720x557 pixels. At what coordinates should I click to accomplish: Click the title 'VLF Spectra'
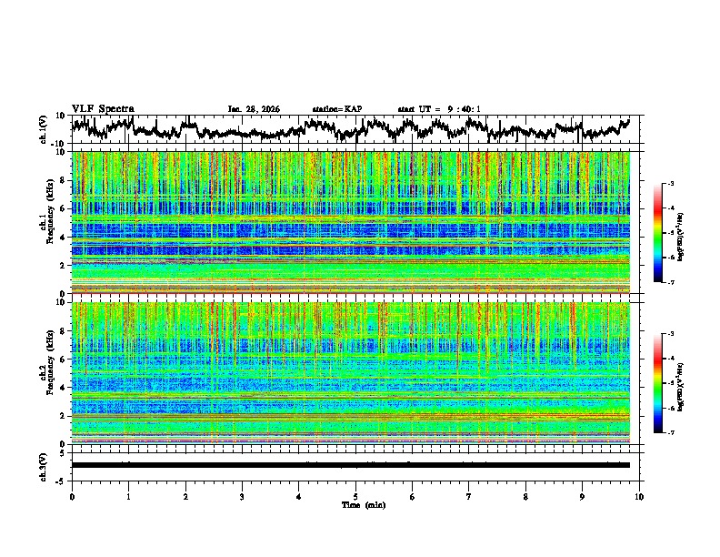[x=103, y=108]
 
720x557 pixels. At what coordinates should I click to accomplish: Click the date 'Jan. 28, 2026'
[x=254, y=109]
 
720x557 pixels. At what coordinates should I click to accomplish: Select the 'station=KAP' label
[x=337, y=109]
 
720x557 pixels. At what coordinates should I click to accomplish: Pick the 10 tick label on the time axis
[x=639, y=496]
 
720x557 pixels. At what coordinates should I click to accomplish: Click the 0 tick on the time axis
[x=72, y=496]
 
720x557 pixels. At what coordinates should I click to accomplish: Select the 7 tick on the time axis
[x=469, y=496]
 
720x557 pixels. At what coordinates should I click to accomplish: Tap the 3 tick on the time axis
[x=242, y=496]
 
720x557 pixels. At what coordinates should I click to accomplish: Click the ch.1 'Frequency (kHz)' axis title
[x=48, y=222]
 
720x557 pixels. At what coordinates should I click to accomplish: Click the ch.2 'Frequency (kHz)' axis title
[x=48, y=373]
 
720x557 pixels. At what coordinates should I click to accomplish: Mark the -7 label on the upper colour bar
[x=671, y=283]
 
